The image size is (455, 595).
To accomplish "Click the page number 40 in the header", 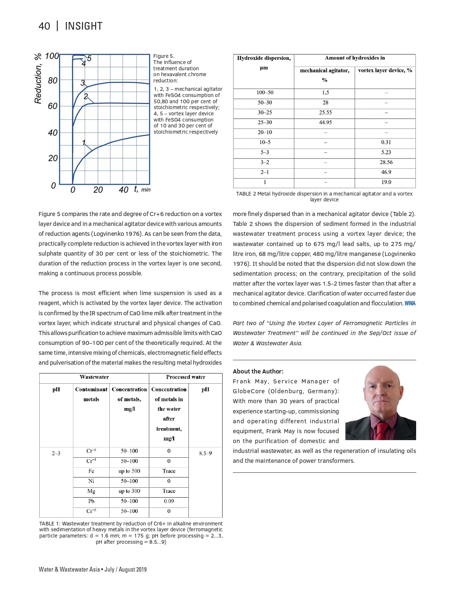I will pyautogui.click(x=44, y=26).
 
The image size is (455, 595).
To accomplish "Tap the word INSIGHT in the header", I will pyautogui.click(x=84, y=26).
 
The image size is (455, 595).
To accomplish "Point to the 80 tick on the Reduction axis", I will pyautogui.click(x=53, y=80).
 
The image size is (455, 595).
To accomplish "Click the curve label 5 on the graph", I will pyautogui.click(x=89, y=59).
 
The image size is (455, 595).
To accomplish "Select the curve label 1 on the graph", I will pyautogui.click(x=84, y=142).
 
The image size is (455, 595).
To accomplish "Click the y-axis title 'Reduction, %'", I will pyautogui.click(x=38, y=78).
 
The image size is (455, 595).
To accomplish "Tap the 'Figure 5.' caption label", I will pyautogui.click(x=164, y=56).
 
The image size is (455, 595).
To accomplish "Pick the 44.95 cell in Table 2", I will pyautogui.click(x=325, y=122).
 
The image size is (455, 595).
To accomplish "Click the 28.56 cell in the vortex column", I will pyautogui.click(x=386, y=162).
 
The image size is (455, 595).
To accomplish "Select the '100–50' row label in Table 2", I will pyautogui.click(x=265, y=93).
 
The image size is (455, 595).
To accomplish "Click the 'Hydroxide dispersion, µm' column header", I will pyautogui.click(x=264, y=63).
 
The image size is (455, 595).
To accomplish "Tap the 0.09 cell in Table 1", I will pyautogui.click(x=169, y=501).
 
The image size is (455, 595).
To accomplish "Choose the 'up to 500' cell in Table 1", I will pyautogui.click(x=129, y=471).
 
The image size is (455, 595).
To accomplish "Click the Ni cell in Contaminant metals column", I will pyautogui.click(x=91, y=481).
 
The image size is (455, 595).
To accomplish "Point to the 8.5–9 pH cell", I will pyautogui.click(x=205, y=453).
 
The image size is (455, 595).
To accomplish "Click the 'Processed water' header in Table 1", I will pyautogui.click(x=186, y=377).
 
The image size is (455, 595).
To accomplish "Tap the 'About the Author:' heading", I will pyautogui.click(x=258, y=371).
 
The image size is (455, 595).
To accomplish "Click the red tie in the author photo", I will pyautogui.click(x=381, y=431).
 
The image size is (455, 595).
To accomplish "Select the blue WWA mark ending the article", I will pyautogui.click(x=410, y=304).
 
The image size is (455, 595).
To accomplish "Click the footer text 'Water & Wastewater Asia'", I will pyautogui.click(x=69, y=569).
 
